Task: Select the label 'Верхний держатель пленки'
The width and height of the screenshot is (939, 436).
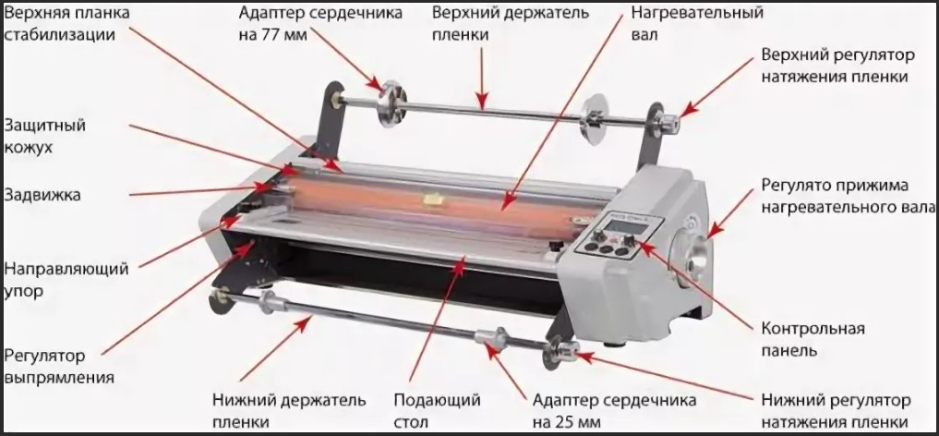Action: [x=483, y=25]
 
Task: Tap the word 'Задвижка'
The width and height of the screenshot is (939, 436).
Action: [x=42, y=195]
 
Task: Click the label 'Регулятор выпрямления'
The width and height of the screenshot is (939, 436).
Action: [x=59, y=366]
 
